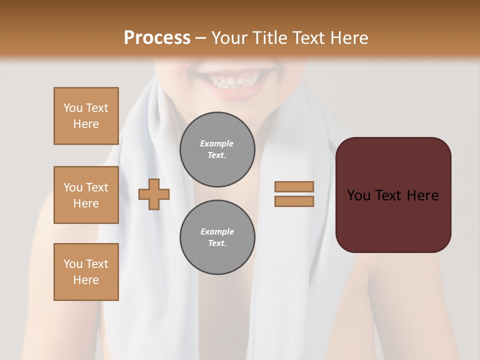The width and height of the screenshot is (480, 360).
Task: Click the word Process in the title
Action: [x=157, y=37]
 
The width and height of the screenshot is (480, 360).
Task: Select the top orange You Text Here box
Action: [x=86, y=116]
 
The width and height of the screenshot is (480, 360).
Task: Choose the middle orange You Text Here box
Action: [x=86, y=195]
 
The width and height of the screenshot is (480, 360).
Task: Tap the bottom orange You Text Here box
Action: [x=86, y=272]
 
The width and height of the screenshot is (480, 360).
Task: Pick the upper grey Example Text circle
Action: [x=217, y=149]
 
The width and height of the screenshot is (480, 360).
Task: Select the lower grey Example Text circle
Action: [x=217, y=237]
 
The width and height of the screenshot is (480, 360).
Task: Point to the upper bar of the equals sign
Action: [x=294, y=186]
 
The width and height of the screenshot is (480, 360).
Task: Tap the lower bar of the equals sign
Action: [x=294, y=201]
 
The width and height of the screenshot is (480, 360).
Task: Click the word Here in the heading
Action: [x=349, y=37]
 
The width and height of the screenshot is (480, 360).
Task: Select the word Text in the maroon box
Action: [x=388, y=195]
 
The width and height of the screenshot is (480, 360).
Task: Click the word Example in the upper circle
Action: [x=217, y=143]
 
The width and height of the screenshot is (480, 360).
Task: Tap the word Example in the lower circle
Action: [x=217, y=231]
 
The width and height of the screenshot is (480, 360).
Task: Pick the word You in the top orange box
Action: [x=73, y=108]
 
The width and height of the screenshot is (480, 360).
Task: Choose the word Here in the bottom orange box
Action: [x=86, y=280]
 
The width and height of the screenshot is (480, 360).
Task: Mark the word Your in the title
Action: [x=230, y=37]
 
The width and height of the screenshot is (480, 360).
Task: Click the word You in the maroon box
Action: [x=358, y=195]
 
